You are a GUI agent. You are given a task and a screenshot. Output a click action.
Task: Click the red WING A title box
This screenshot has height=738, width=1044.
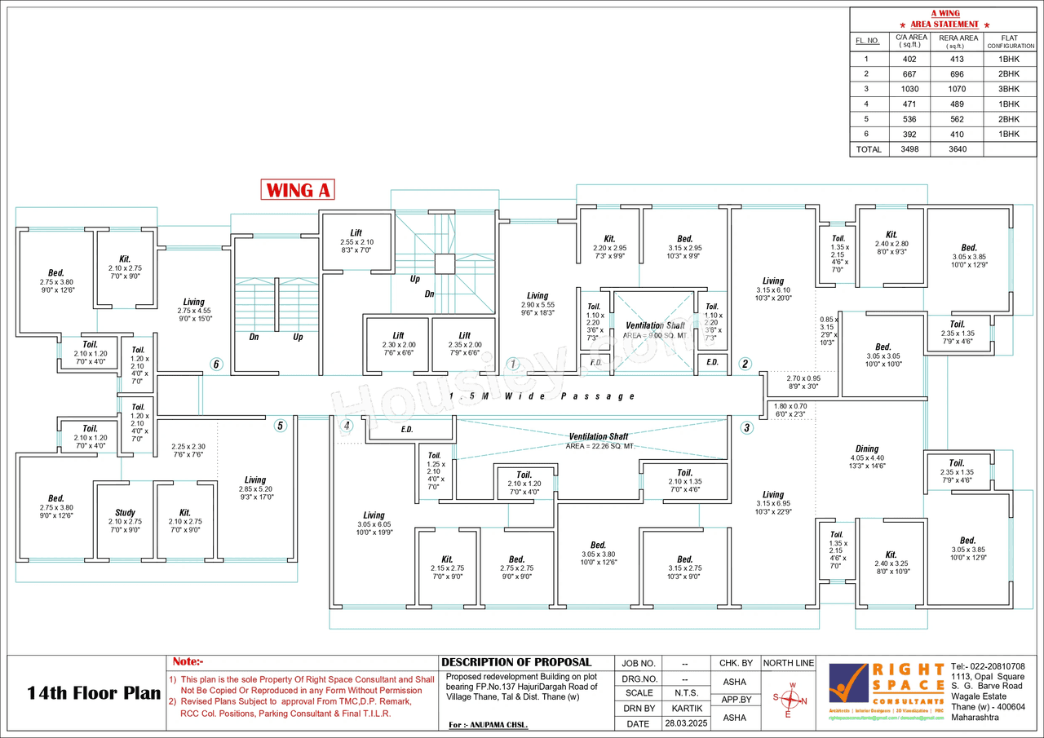(x=299, y=190)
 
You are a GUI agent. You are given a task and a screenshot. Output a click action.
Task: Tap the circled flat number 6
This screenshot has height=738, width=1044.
(x=216, y=365)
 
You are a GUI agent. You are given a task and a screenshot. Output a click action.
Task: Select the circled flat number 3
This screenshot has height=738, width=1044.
(x=745, y=427)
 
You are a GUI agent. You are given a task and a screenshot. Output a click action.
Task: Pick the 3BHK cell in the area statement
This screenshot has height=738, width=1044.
(x=1009, y=89)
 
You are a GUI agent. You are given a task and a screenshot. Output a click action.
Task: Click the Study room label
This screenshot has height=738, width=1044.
(x=125, y=513)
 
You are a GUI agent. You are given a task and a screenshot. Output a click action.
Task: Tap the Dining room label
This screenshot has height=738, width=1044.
(x=866, y=449)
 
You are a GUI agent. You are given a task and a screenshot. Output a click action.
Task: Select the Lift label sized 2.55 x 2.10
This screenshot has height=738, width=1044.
(x=356, y=233)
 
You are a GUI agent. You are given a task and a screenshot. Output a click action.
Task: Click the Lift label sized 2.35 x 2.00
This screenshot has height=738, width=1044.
(x=464, y=335)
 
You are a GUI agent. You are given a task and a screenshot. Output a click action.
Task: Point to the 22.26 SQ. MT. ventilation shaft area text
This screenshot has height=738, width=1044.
(x=599, y=447)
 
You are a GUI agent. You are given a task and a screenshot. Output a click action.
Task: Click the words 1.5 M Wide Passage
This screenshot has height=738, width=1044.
(x=542, y=396)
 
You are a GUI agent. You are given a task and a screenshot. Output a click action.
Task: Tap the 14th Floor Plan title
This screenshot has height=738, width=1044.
(x=94, y=694)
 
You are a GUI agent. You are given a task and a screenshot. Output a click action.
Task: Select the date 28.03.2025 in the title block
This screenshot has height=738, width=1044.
(x=684, y=723)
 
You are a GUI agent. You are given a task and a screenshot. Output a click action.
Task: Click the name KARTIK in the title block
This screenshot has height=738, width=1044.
(x=684, y=709)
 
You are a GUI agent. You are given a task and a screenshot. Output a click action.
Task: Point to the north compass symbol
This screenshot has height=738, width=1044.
(x=789, y=700)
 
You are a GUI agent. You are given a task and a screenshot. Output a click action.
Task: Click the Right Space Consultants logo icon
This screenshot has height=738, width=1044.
(x=848, y=683)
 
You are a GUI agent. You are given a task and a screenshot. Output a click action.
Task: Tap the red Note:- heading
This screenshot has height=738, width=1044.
(x=188, y=662)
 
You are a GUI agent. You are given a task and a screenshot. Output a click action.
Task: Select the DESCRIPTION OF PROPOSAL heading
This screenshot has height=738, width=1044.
(x=516, y=662)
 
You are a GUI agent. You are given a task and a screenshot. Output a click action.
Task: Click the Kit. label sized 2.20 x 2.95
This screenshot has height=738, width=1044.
(x=609, y=239)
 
